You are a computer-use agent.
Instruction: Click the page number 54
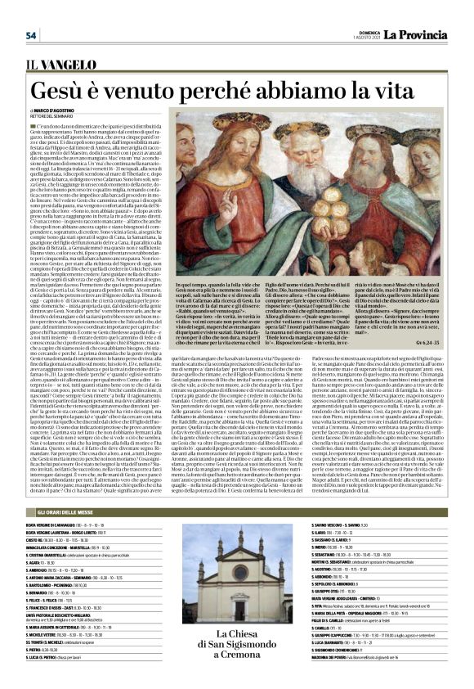(31, 34)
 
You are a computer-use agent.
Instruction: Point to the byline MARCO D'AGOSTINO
(57, 110)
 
